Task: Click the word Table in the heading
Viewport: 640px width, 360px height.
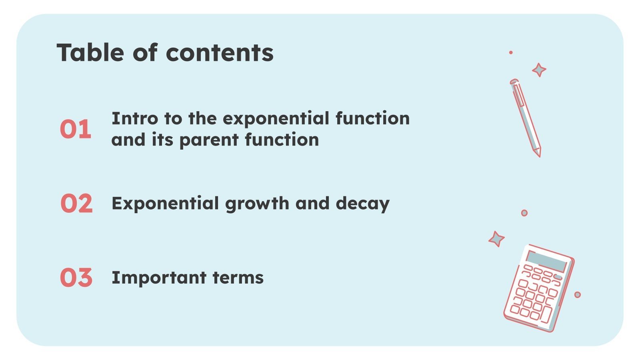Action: tap(90, 52)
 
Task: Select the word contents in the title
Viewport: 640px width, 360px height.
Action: tap(220, 52)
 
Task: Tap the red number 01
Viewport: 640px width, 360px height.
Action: tap(76, 129)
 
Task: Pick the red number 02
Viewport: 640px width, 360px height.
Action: tap(76, 203)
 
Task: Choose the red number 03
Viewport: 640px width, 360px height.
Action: tap(76, 277)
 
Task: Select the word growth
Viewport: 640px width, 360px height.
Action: tap(257, 204)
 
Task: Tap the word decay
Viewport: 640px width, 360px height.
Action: tap(362, 204)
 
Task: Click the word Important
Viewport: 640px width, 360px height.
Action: tap(158, 278)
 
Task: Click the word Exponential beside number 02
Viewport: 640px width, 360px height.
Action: tap(165, 204)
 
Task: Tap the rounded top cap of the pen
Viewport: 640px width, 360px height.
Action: tap(514, 82)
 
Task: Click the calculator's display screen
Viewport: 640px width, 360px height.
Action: tap(547, 262)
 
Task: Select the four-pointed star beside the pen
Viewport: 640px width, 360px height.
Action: tap(539, 70)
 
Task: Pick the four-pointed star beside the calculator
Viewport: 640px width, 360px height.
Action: tap(496, 239)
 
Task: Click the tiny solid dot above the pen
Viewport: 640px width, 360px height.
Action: tap(511, 52)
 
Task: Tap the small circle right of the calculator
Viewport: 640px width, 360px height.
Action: tap(577, 295)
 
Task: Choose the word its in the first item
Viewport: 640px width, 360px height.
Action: tap(162, 140)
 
